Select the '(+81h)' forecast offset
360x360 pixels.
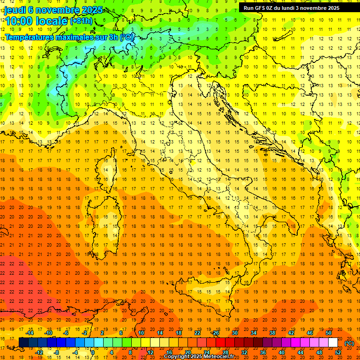pos(81,21)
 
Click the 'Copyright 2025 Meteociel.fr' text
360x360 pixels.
pos(202,356)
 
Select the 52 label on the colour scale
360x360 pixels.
pos(338,352)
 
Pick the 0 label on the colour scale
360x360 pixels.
pos(93,352)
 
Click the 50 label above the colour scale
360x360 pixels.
pos(329,333)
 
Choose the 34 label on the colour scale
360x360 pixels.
pos(254,333)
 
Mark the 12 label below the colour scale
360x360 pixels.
pos(150,352)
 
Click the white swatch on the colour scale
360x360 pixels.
pos(333,343)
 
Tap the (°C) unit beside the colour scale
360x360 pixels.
pos(349,343)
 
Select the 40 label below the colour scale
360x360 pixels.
pos(282,352)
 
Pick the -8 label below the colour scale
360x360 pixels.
pos(56,352)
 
